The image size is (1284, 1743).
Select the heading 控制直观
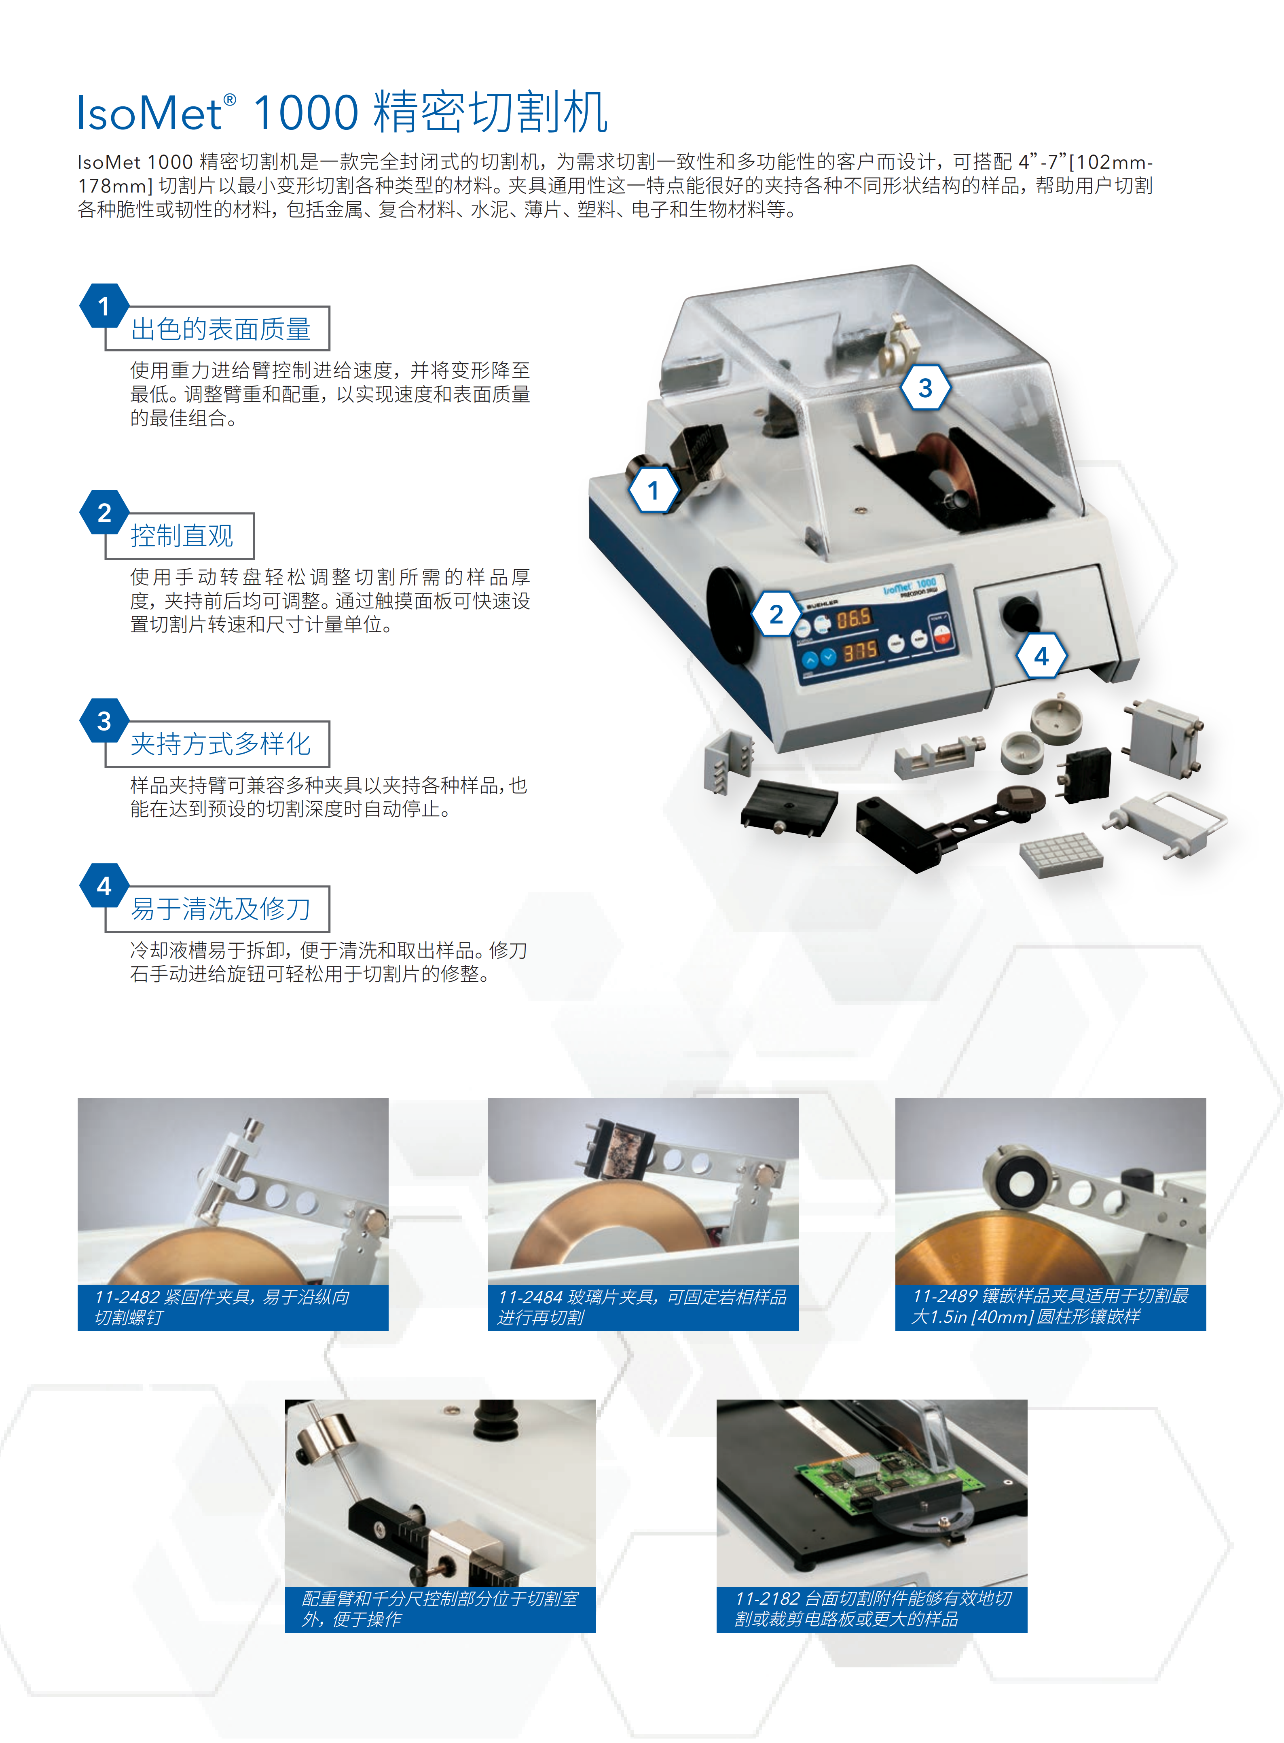[x=182, y=536]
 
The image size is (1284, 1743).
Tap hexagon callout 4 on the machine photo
[x=1041, y=656]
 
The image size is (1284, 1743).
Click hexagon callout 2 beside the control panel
[x=776, y=614]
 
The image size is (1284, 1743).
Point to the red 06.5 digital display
[x=852, y=619]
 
